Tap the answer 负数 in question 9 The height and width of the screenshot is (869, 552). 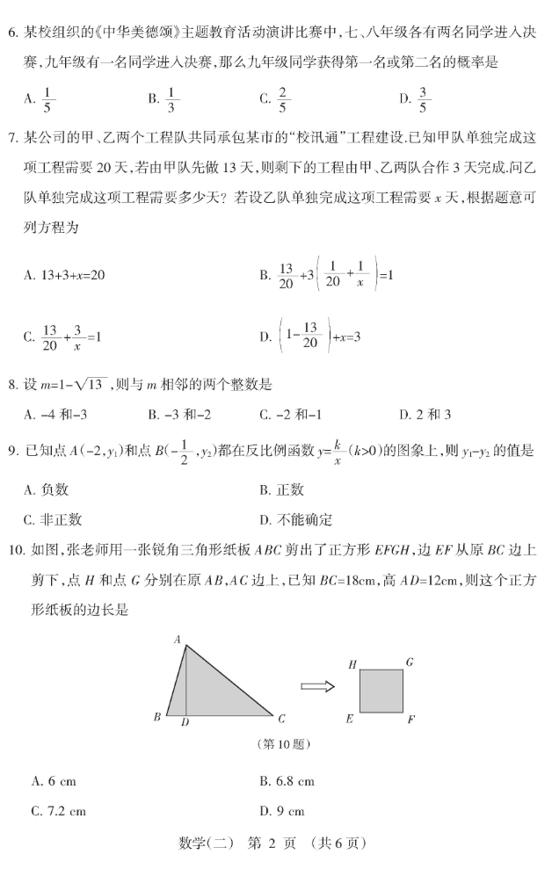[x=52, y=490]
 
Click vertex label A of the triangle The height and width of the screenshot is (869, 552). [x=177, y=639]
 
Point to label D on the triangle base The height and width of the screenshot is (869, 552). [x=185, y=723]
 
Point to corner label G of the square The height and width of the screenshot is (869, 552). [x=409, y=661]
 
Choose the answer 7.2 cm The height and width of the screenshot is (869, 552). [x=57, y=811]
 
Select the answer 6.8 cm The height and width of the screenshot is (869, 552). [x=287, y=780]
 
